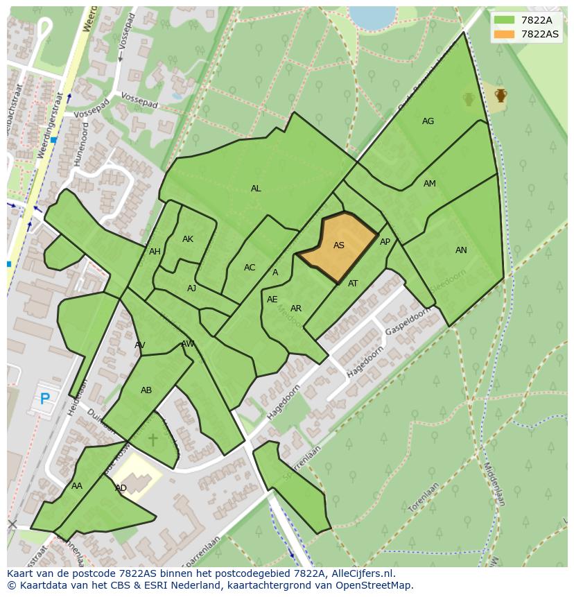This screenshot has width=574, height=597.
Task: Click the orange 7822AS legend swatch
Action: (x=505, y=34)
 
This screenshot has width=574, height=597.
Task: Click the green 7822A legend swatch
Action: (x=505, y=20)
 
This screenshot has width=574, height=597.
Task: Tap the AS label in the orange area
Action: (x=339, y=245)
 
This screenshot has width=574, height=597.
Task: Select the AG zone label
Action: (x=428, y=121)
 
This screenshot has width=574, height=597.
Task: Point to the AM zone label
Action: (x=430, y=184)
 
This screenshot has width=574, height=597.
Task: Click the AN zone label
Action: (x=461, y=250)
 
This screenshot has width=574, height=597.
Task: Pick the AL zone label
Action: (x=256, y=189)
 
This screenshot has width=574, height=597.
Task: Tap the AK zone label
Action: (x=188, y=239)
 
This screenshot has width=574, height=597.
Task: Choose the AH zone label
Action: (x=155, y=252)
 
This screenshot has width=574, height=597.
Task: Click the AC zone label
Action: (x=250, y=268)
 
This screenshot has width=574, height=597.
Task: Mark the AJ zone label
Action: (x=192, y=288)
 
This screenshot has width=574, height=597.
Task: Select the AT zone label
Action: (x=353, y=284)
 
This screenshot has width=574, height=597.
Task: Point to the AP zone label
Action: (x=385, y=242)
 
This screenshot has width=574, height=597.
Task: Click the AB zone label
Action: (x=146, y=390)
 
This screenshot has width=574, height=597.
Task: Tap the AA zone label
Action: (x=76, y=486)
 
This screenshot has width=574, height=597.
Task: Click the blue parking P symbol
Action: (x=45, y=399)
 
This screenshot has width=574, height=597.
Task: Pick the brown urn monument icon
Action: (x=501, y=95)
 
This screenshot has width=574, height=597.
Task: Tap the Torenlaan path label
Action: (x=424, y=499)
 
